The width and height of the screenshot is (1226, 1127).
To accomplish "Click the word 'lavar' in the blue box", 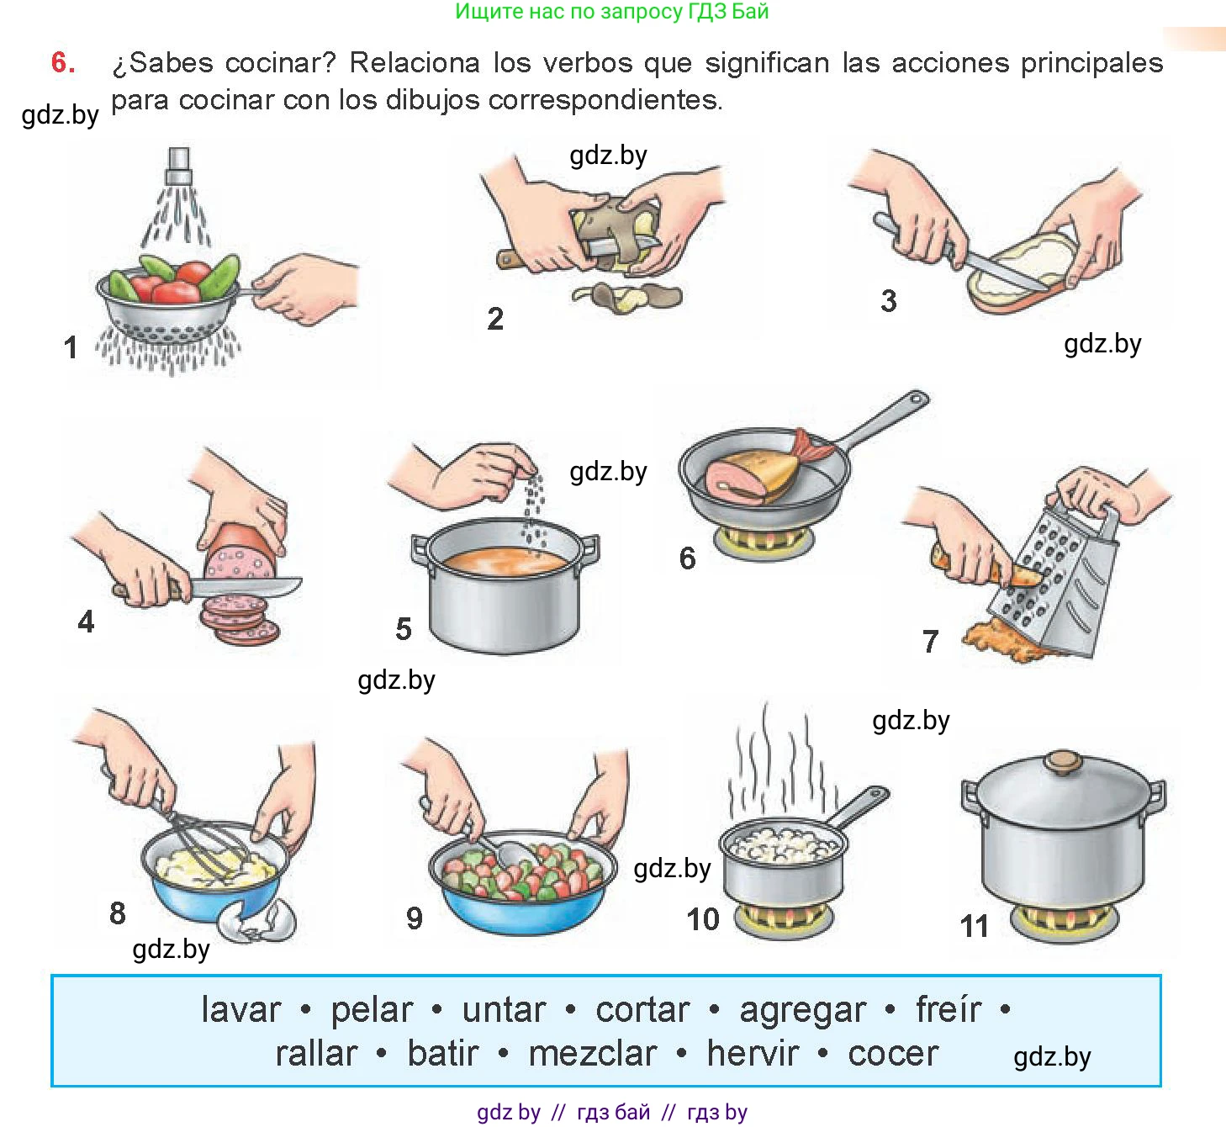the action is point(240,1010).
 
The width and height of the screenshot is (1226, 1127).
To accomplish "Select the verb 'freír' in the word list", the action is point(948,1010).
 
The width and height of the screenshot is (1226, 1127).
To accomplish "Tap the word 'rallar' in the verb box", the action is point(316,1054).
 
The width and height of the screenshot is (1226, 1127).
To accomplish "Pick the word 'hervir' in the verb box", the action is point(753,1054).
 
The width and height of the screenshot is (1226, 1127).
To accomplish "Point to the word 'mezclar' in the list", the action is point(592,1054).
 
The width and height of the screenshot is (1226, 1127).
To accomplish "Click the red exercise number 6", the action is point(63,62).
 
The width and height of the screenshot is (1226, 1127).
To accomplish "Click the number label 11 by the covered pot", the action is point(975,926).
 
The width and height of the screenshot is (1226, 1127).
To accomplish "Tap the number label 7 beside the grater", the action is point(930,642).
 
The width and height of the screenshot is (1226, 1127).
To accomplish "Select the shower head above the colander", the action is point(179,165).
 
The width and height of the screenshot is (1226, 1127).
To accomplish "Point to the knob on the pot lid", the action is point(1062,763).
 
